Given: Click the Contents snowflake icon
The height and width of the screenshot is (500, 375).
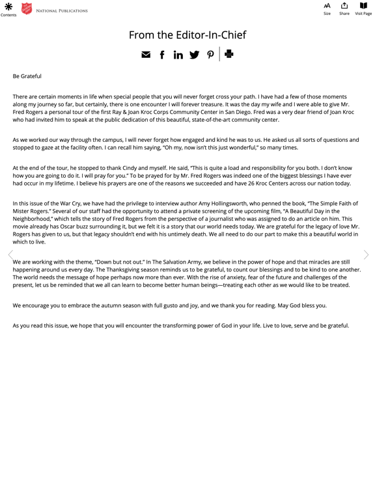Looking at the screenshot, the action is (8, 7).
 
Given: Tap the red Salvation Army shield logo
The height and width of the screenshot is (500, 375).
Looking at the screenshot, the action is (27, 9).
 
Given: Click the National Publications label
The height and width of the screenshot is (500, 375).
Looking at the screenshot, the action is (62, 11).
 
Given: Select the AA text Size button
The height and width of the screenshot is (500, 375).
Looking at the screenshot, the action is (327, 6).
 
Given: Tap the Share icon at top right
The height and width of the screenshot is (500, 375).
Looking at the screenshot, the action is (344, 6).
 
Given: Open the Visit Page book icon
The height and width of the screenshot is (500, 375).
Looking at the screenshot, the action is (363, 6).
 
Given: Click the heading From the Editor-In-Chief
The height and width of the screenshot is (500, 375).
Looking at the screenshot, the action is (187, 35).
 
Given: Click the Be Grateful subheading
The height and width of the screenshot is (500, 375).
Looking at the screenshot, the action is (27, 76).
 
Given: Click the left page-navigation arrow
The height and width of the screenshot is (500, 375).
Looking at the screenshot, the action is (9, 255).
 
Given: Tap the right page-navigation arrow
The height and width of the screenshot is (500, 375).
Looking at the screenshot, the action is (366, 255).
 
